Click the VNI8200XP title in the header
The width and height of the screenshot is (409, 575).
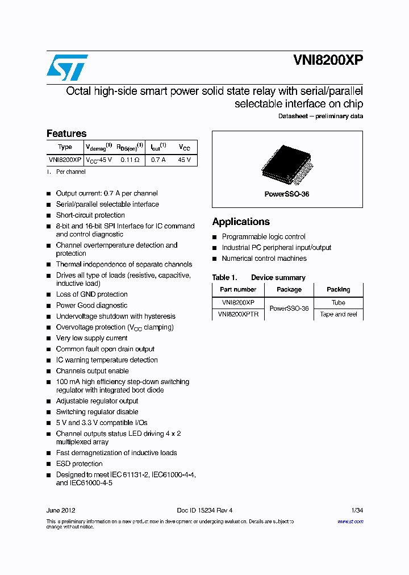328,61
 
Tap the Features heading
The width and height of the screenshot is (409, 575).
66,134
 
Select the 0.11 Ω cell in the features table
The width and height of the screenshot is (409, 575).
130,160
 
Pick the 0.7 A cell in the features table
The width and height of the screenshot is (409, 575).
158,160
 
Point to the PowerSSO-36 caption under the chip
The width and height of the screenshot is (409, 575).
287,194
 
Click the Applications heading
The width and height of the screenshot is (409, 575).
241,222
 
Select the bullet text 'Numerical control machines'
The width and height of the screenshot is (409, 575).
264,259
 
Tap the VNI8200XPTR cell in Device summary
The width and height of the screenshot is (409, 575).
238,314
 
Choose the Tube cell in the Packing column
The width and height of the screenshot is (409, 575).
339,303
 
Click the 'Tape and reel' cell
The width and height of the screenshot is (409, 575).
339,314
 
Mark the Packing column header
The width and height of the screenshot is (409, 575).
339,290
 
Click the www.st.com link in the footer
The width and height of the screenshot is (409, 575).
350,522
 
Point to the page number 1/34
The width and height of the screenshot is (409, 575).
357,510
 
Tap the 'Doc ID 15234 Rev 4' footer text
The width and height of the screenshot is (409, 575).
204,510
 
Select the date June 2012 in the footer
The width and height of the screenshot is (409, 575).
61,510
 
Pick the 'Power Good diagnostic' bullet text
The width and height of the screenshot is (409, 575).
91,306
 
